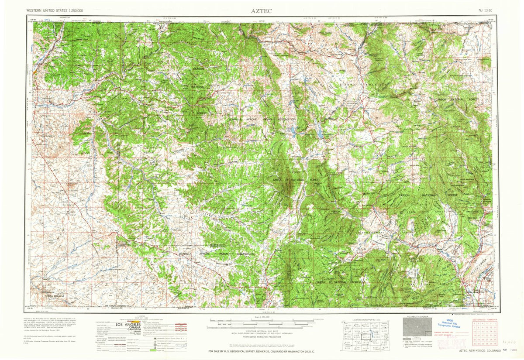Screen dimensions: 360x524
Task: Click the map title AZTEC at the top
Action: pos(261,10)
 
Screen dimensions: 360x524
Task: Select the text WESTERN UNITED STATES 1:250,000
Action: pos(55,10)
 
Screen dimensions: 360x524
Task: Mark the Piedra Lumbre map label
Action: pos(372,232)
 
